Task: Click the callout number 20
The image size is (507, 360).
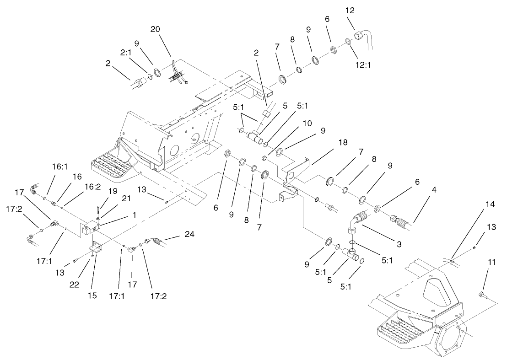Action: tap(156, 29)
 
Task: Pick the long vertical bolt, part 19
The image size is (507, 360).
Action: tap(98, 212)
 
